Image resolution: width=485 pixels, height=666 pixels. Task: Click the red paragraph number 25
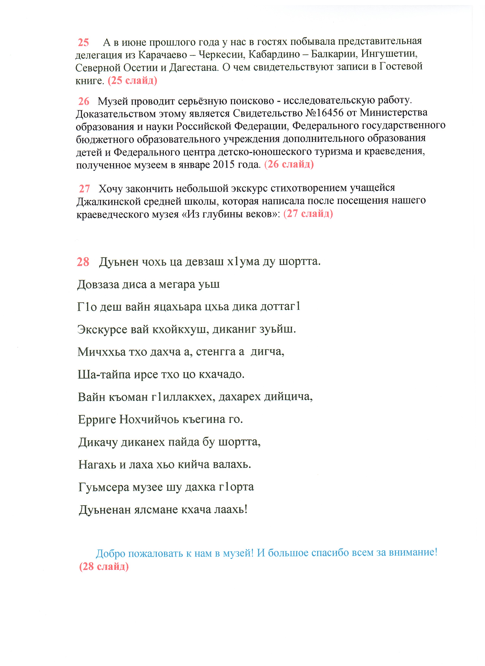tap(83, 43)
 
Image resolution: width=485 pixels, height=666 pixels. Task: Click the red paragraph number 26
tap(84, 101)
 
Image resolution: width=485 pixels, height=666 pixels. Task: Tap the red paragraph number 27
tap(84, 189)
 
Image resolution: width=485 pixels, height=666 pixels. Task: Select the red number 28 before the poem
tap(83, 262)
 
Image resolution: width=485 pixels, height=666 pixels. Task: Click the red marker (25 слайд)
tap(132, 80)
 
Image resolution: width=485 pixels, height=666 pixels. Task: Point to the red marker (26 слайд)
tap(289, 164)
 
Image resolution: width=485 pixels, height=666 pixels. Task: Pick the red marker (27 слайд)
tap(308, 213)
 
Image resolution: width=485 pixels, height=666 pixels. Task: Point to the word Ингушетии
tap(389, 54)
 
